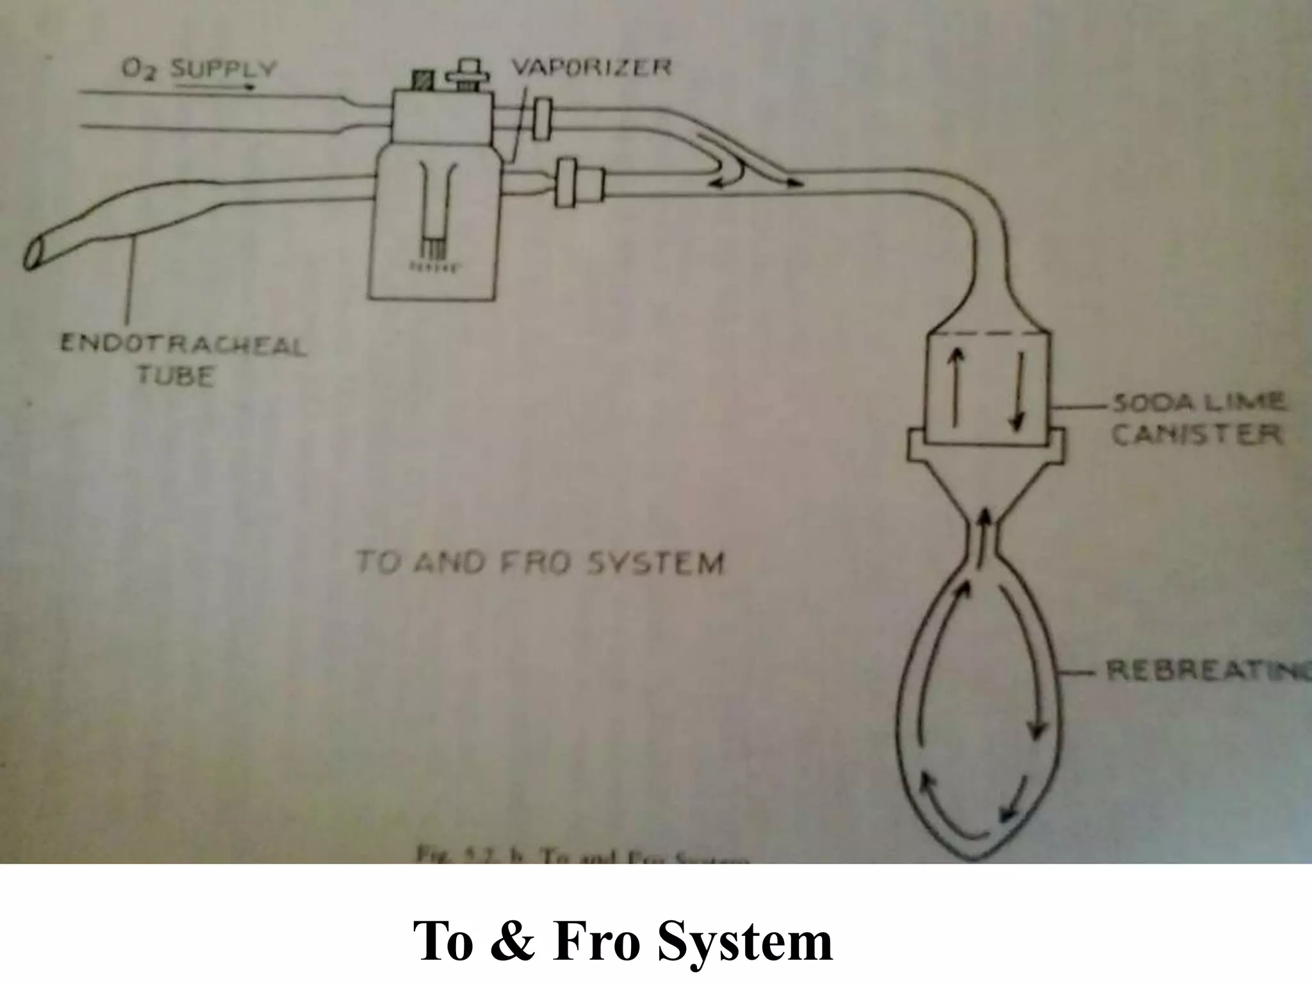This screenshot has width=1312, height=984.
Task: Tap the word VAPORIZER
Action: (591, 67)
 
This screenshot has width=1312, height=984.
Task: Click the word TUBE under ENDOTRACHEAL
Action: (175, 376)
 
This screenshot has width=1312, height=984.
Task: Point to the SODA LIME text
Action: (1197, 403)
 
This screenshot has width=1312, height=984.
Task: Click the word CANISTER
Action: (1196, 435)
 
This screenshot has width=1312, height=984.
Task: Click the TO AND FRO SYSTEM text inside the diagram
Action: (539, 563)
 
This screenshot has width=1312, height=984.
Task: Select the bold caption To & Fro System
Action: (623, 941)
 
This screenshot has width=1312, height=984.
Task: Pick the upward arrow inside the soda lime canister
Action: (956, 388)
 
